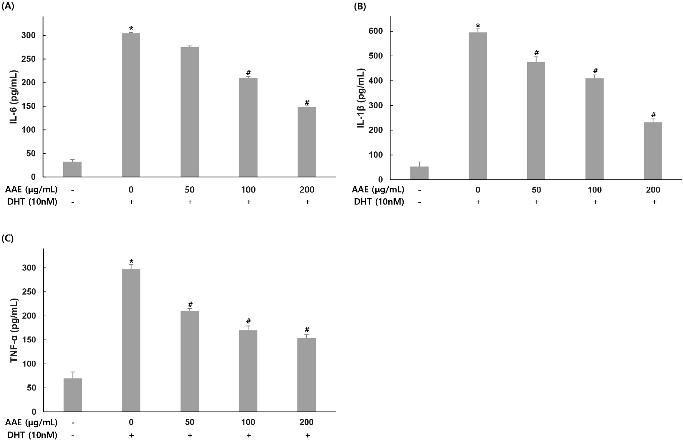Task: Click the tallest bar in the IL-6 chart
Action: click(x=131, y=105)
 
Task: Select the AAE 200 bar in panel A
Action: click(x=307, y=142)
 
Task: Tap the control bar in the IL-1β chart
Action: click(x=419, y=173)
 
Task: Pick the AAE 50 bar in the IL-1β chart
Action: click(x=536, y=121)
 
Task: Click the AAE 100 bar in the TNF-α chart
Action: click(x=248, y=371)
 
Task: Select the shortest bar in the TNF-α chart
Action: click(x=73, y=395)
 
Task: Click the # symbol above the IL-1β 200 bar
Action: click(x=653, y=115)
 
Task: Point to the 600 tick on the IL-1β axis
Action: click(x=376, y=31)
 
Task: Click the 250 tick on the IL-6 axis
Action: click(x=29, y=59)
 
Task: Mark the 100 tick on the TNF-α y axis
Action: click(x=29, y=364)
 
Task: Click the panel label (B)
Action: click(x=360, y=6)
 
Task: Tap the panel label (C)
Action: click(x=8, y=238)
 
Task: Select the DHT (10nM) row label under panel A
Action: click(x=32, y=202)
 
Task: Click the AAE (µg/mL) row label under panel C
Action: click(x=31, y=422)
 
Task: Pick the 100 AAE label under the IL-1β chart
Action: click(x=595, y=190)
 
